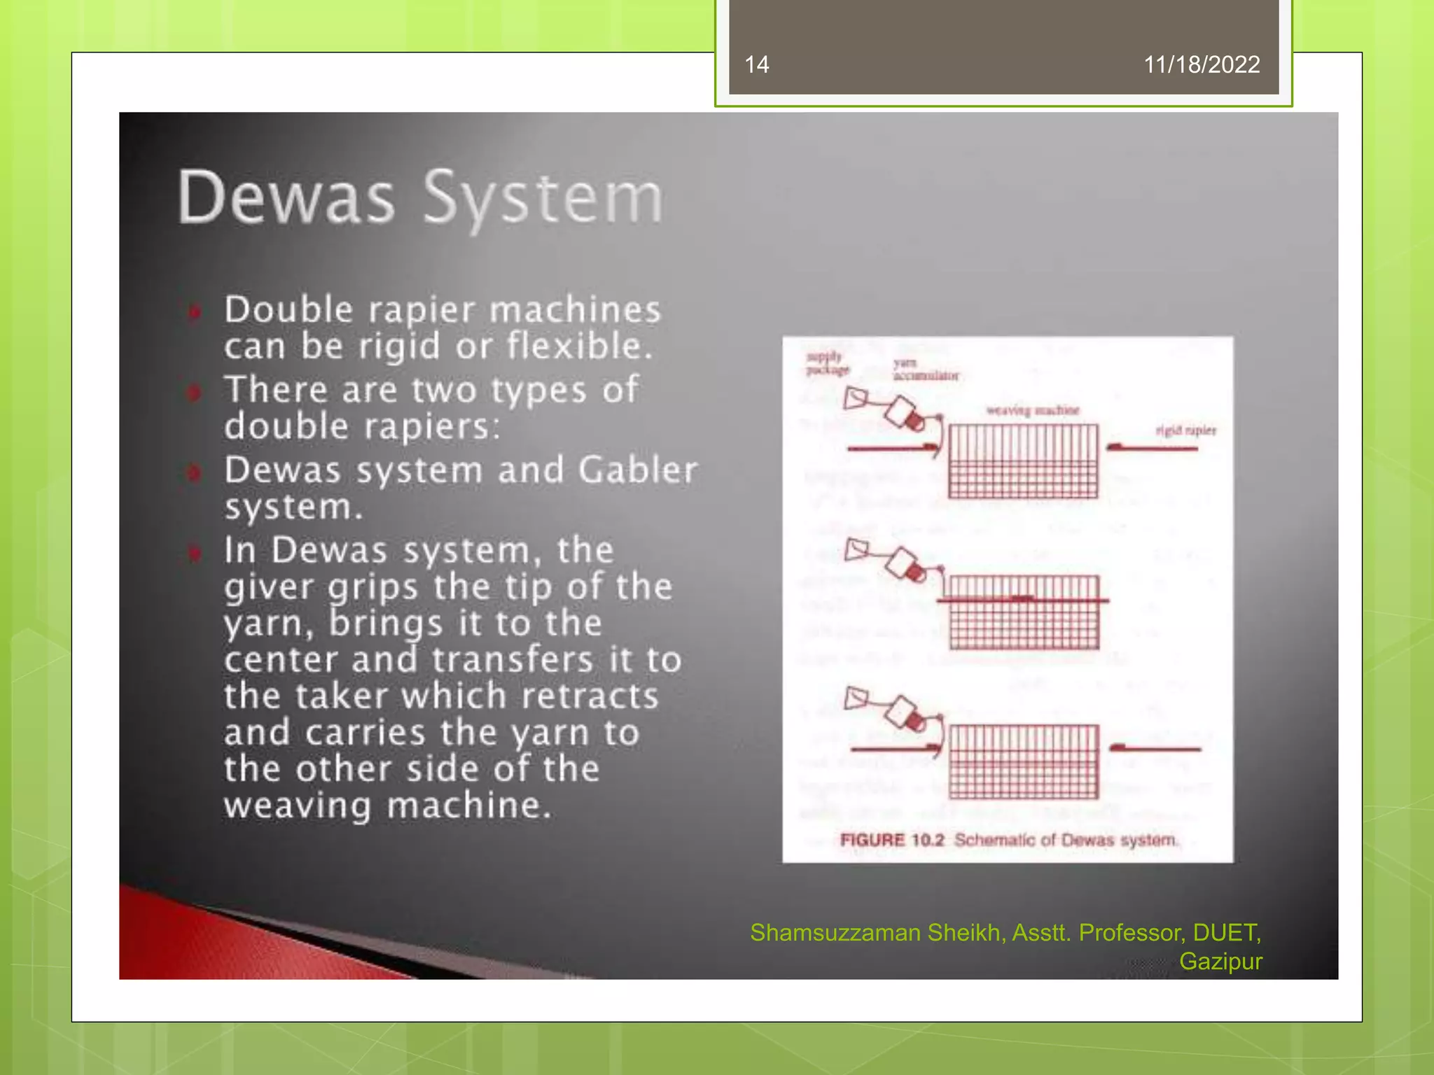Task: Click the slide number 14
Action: coord(756,65)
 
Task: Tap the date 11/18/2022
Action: coord(1202,65)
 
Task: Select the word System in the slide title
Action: coord(543,199)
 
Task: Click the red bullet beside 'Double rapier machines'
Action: coord(195,311)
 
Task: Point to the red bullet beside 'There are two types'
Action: coord(194,392)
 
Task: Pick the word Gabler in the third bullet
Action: coord(638,470)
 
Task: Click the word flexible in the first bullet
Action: coord(579,346)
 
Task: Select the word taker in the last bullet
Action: coord(341,696)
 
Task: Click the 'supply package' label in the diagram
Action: coord(827,363)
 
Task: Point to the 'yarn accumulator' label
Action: coord(925,370)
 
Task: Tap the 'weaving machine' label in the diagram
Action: coord(1032,410)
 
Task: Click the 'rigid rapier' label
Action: coord(1185,430)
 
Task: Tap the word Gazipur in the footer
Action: coord(1220,962)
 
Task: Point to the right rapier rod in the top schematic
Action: coord(1152,447)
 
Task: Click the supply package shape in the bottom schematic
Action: coord(856,698)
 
